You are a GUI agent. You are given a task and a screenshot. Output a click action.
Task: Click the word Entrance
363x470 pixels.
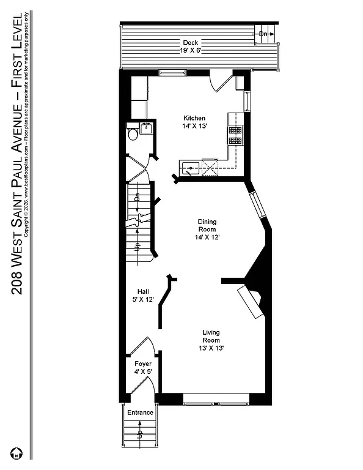point(140,412)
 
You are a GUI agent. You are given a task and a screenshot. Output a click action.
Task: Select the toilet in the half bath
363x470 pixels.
point(132,134)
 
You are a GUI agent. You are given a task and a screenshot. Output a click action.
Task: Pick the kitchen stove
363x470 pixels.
point(235,135)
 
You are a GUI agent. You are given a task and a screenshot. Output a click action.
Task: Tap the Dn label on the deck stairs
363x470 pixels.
point(263,34)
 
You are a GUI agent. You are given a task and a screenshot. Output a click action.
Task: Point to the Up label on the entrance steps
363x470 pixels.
point(139,436)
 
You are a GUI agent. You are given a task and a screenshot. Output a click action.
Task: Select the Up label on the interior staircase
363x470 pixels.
point(138,247)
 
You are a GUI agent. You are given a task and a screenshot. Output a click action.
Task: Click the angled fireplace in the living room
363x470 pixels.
point(251,303)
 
